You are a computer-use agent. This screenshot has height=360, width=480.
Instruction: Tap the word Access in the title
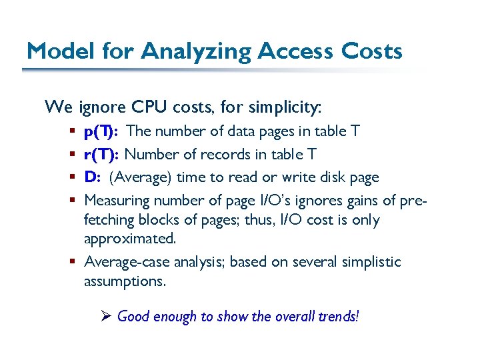(301, 51)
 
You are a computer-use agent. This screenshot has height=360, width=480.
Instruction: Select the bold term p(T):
(101, 131)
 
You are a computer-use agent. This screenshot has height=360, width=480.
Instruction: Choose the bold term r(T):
(101, 154)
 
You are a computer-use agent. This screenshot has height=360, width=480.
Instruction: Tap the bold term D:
(92, 177)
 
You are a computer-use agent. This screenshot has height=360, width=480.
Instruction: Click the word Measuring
(117, 200)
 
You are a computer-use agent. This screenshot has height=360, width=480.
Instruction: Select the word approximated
(130, 239)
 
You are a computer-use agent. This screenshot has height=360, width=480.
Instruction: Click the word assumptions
(125, 281)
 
